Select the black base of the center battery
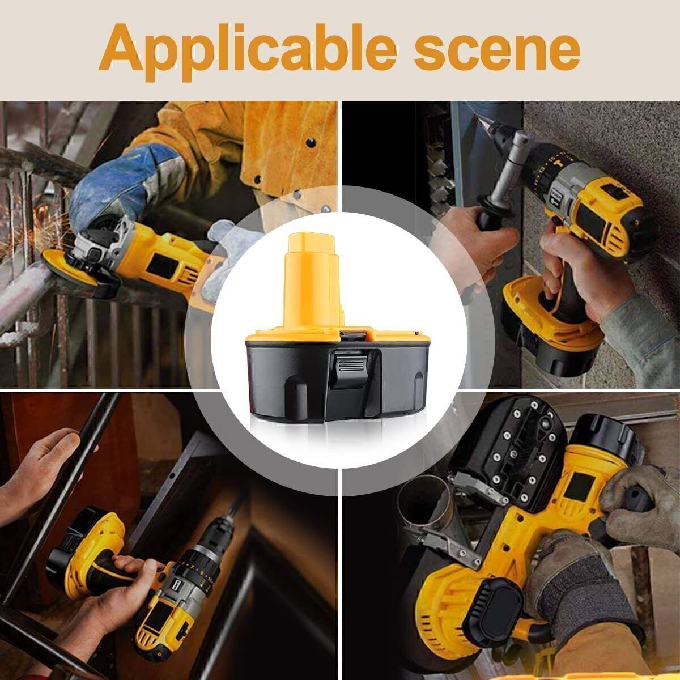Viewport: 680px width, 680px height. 338,381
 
